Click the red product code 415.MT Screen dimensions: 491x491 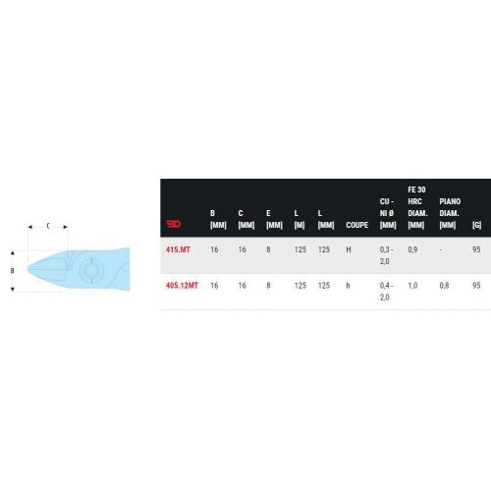pyautogui.click(x=179, y=250)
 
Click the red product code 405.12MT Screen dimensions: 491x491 pyautogui.click(x=183, y=285)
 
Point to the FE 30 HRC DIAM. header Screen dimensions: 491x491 pyautogui.click(x=416, y=206)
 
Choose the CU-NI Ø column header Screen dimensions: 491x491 pyautogui.click(x=387, y=212)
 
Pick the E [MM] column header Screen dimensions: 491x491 pyautogui.click(x=273, y=218)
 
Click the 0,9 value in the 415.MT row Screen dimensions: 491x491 pyautogui.click(x=413, y=250)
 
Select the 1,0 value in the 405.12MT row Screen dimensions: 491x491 pyautogui.click(x=413, y=285)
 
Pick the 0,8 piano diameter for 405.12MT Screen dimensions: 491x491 pyautogui.click(x=445, y=285)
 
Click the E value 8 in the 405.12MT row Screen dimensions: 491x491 pyautogui.click(x=269, y=285)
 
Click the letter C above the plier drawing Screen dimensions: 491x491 pyautogui.click(x=48, y=226)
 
